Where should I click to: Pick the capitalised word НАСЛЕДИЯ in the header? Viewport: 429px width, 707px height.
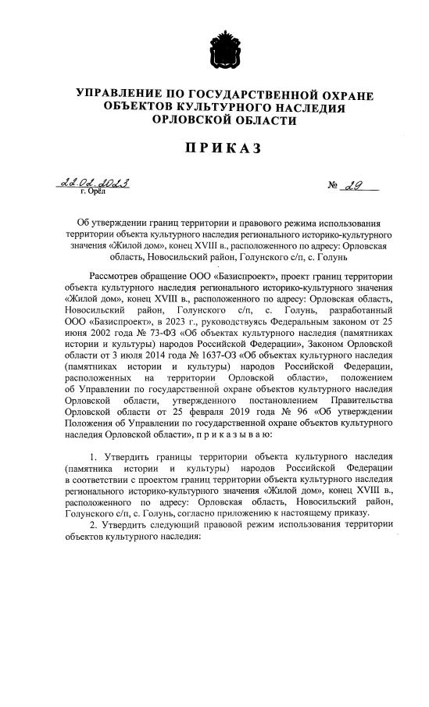310,108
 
